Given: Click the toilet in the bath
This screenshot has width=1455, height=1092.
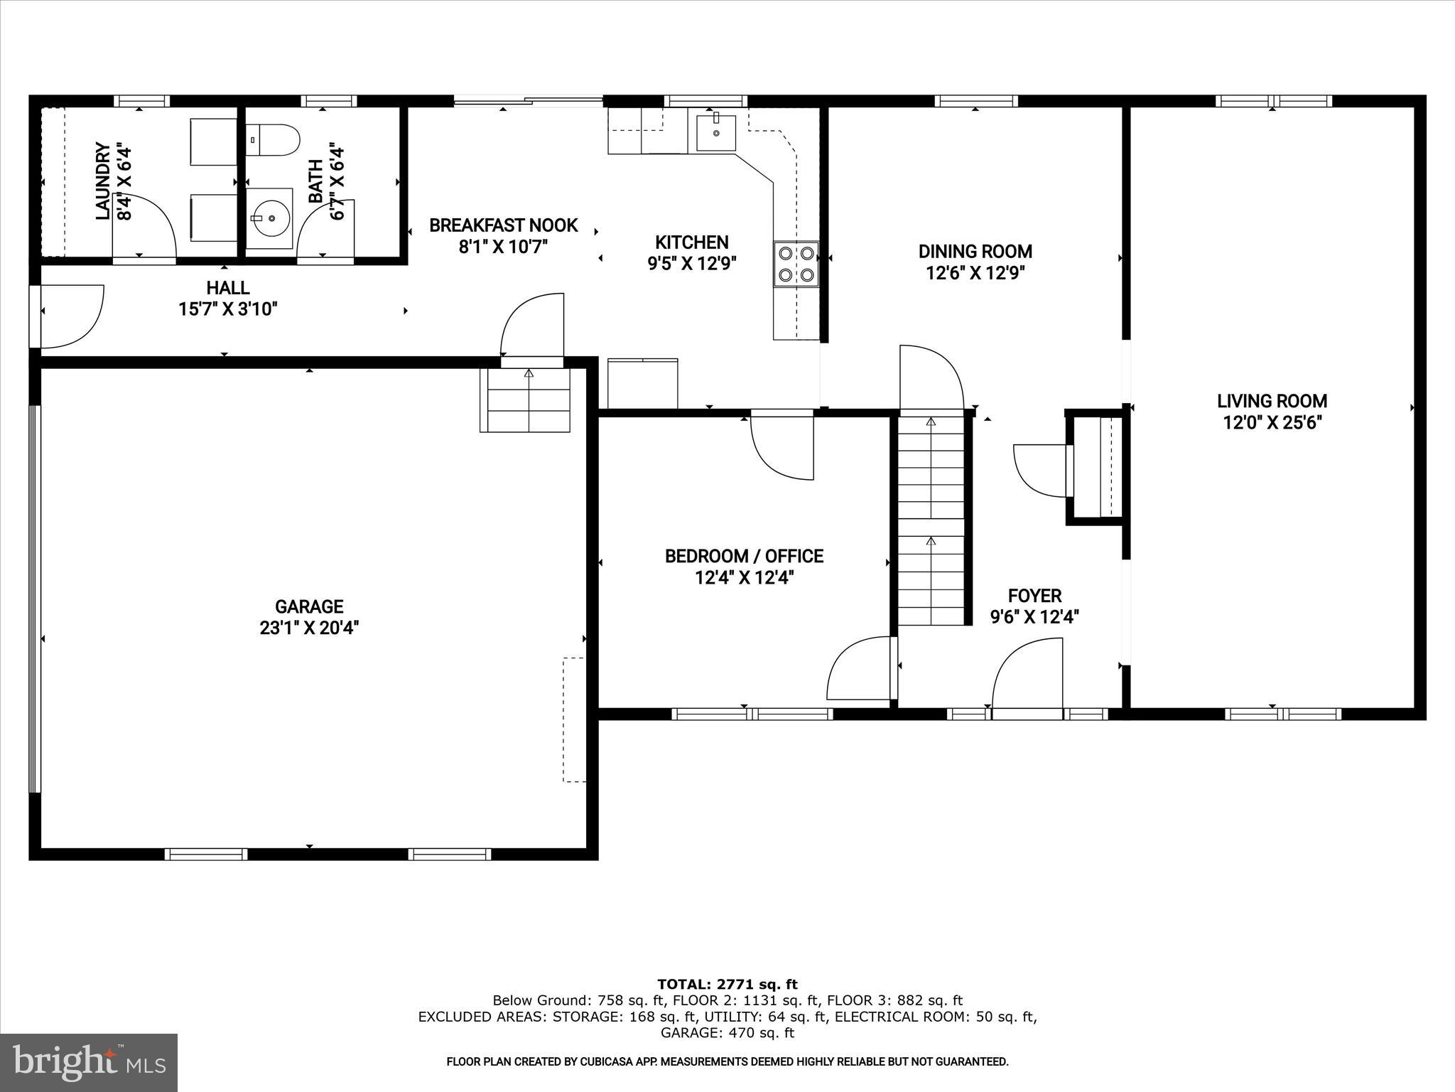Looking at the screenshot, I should (x=274, y=139).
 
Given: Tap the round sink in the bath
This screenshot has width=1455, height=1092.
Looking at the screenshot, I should (x=270, y=218).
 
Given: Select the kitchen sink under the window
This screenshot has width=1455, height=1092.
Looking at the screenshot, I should (x=715, y=132).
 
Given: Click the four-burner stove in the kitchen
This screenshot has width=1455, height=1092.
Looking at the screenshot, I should (x=796, y=264).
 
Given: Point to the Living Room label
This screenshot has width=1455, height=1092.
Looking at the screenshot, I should (x=1272, y=401).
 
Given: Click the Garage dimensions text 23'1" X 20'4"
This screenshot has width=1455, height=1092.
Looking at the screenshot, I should (x=309, y=628).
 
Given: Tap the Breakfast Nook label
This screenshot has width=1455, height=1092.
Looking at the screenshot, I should (x=503, y=225).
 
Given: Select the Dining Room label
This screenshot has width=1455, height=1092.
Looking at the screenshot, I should (x=975, y=251).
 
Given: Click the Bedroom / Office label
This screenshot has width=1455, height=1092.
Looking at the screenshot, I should (x=744, y=556).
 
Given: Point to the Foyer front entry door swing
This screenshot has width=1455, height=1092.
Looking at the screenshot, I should (x=1027, y=675).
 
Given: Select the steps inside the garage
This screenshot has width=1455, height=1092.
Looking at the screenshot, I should (x=526, y=400).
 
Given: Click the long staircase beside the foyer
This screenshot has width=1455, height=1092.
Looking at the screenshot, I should (x=931, y=519).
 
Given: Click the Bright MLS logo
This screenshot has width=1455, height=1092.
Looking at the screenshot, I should (x=89, y=1062).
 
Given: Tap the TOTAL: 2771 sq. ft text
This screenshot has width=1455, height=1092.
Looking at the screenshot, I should (x=727, y=984).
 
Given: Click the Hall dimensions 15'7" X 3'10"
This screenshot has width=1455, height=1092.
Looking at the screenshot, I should (x=227, y=309).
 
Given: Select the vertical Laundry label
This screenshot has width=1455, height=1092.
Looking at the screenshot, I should (x=103, y=181).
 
